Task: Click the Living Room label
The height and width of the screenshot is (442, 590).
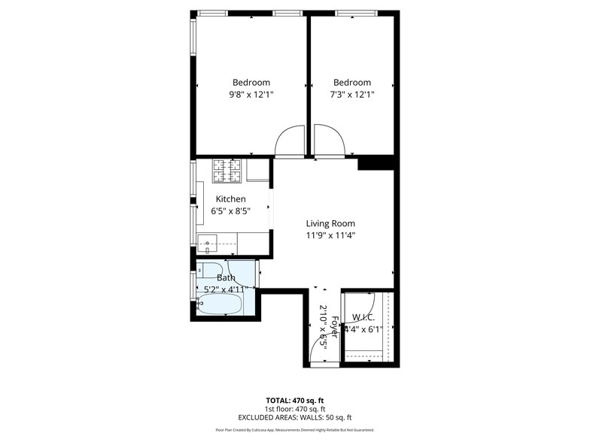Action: pos(330,223)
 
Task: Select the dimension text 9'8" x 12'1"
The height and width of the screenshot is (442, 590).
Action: pos(251,95)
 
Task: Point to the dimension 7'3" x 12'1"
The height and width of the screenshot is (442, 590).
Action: pos(352,95)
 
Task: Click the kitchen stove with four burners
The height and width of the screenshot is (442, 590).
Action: pos(227,171)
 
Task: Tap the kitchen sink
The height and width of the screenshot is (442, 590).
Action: pos(207,241)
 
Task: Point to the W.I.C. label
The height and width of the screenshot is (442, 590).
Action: pos(364,316)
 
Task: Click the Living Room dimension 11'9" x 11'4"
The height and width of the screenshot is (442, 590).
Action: pos(330,235)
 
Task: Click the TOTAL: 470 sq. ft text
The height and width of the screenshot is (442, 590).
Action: pos(294,399)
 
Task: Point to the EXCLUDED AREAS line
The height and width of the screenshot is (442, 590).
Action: pos(294,417)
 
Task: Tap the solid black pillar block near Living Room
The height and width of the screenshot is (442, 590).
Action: pos(376,162)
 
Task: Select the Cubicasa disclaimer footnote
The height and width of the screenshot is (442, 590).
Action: pos(294,430)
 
